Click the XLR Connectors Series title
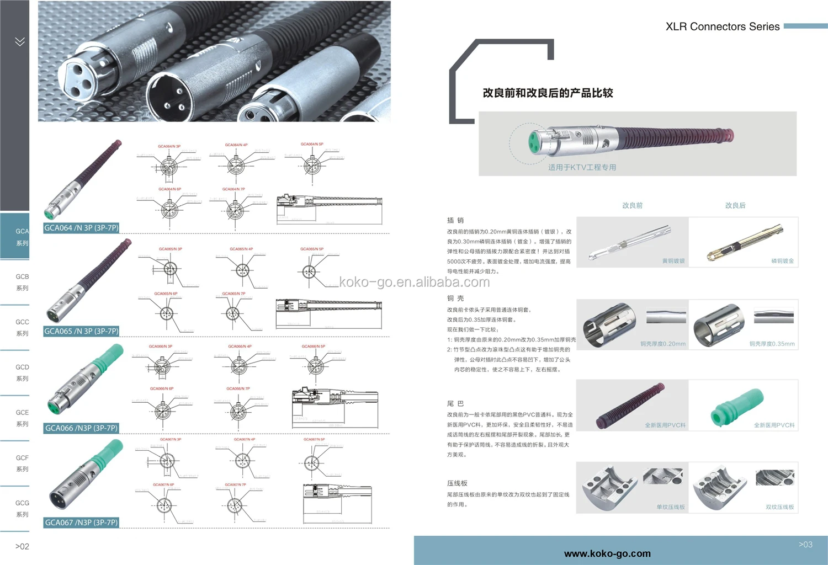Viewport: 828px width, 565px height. (722, 26)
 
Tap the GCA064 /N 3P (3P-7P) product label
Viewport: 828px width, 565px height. (81, 228)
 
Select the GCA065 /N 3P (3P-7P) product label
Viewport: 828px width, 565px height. (81, 331)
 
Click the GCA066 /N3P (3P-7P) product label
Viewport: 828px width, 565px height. (81, 428)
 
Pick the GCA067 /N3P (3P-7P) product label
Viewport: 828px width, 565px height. (81, 523)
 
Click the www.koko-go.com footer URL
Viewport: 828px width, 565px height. (607, 553)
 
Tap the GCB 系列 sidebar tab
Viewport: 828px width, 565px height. (22, 282)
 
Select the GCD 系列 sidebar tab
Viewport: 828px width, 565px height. (22, 372)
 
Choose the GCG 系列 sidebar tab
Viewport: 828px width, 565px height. (22, 508)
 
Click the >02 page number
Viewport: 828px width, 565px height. (22, 546)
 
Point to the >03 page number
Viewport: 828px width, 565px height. (805, 545)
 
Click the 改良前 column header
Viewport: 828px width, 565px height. (632, 205)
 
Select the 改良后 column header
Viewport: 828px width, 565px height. (735, 205)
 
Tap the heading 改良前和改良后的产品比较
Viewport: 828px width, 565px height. (548, 93)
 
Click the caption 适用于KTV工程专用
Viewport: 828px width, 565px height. (582, 167)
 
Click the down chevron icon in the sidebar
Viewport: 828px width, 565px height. (20, 41)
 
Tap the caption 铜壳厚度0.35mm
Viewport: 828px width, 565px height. (772, 344)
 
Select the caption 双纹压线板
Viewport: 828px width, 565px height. (779, 507)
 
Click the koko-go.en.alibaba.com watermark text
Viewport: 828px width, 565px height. (414, 282)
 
